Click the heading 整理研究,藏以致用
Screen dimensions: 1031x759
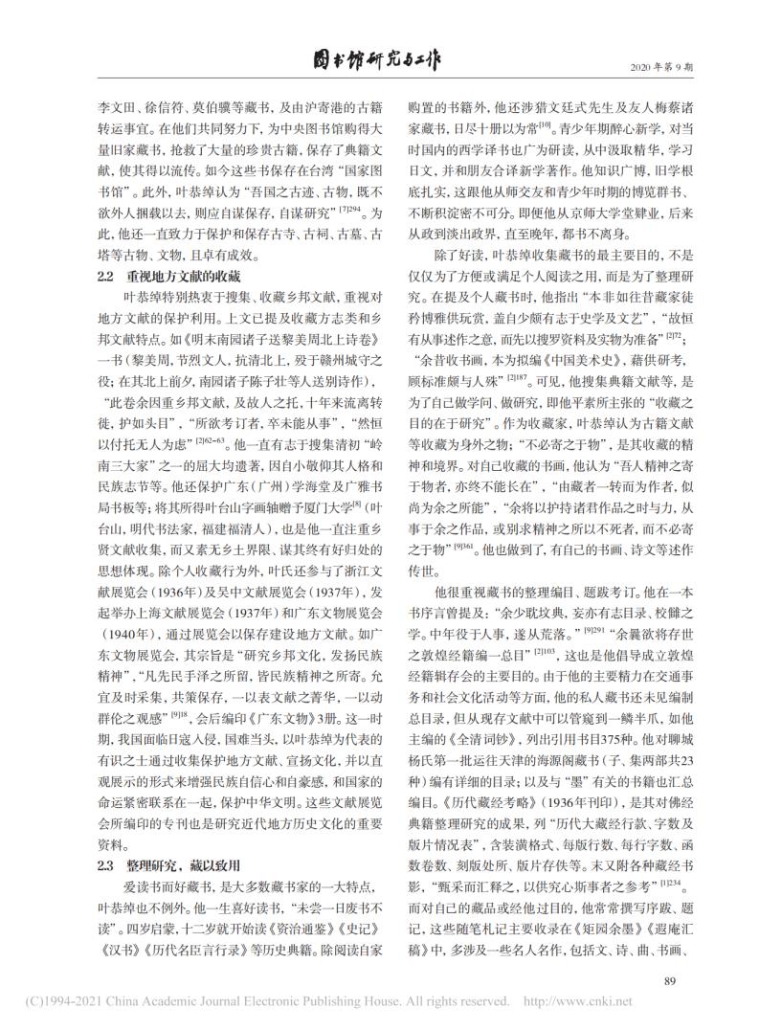point(182,809)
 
